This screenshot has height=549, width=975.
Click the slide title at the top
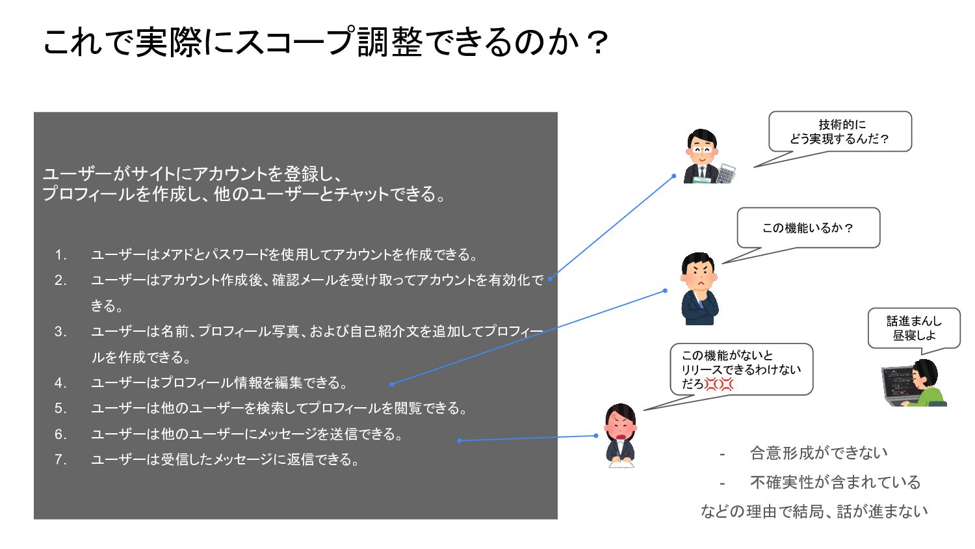tap(325, 42)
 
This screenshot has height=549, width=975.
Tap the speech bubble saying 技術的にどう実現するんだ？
tap(840, 131)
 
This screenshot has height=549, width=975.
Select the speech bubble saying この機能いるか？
tap(808, 228)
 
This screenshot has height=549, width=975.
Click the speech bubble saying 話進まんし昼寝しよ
tap(914, 328)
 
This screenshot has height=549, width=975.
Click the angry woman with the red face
tap(620, 435)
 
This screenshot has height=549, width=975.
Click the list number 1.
tap(60, 255)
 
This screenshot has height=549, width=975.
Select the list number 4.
tap(60, 383)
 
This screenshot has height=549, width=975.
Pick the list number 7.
tap(60, 460)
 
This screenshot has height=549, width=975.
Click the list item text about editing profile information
tap(220, 383)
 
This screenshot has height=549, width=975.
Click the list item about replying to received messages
tap(225, 460)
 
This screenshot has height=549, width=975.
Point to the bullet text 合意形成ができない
tap(818, 453)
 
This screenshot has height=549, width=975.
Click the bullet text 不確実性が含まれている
tap(835, 482)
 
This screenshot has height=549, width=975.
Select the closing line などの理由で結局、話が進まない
tap(814, 511)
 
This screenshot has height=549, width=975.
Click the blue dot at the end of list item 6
tap(460, 440)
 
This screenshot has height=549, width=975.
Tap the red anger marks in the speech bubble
tap(719, 384)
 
